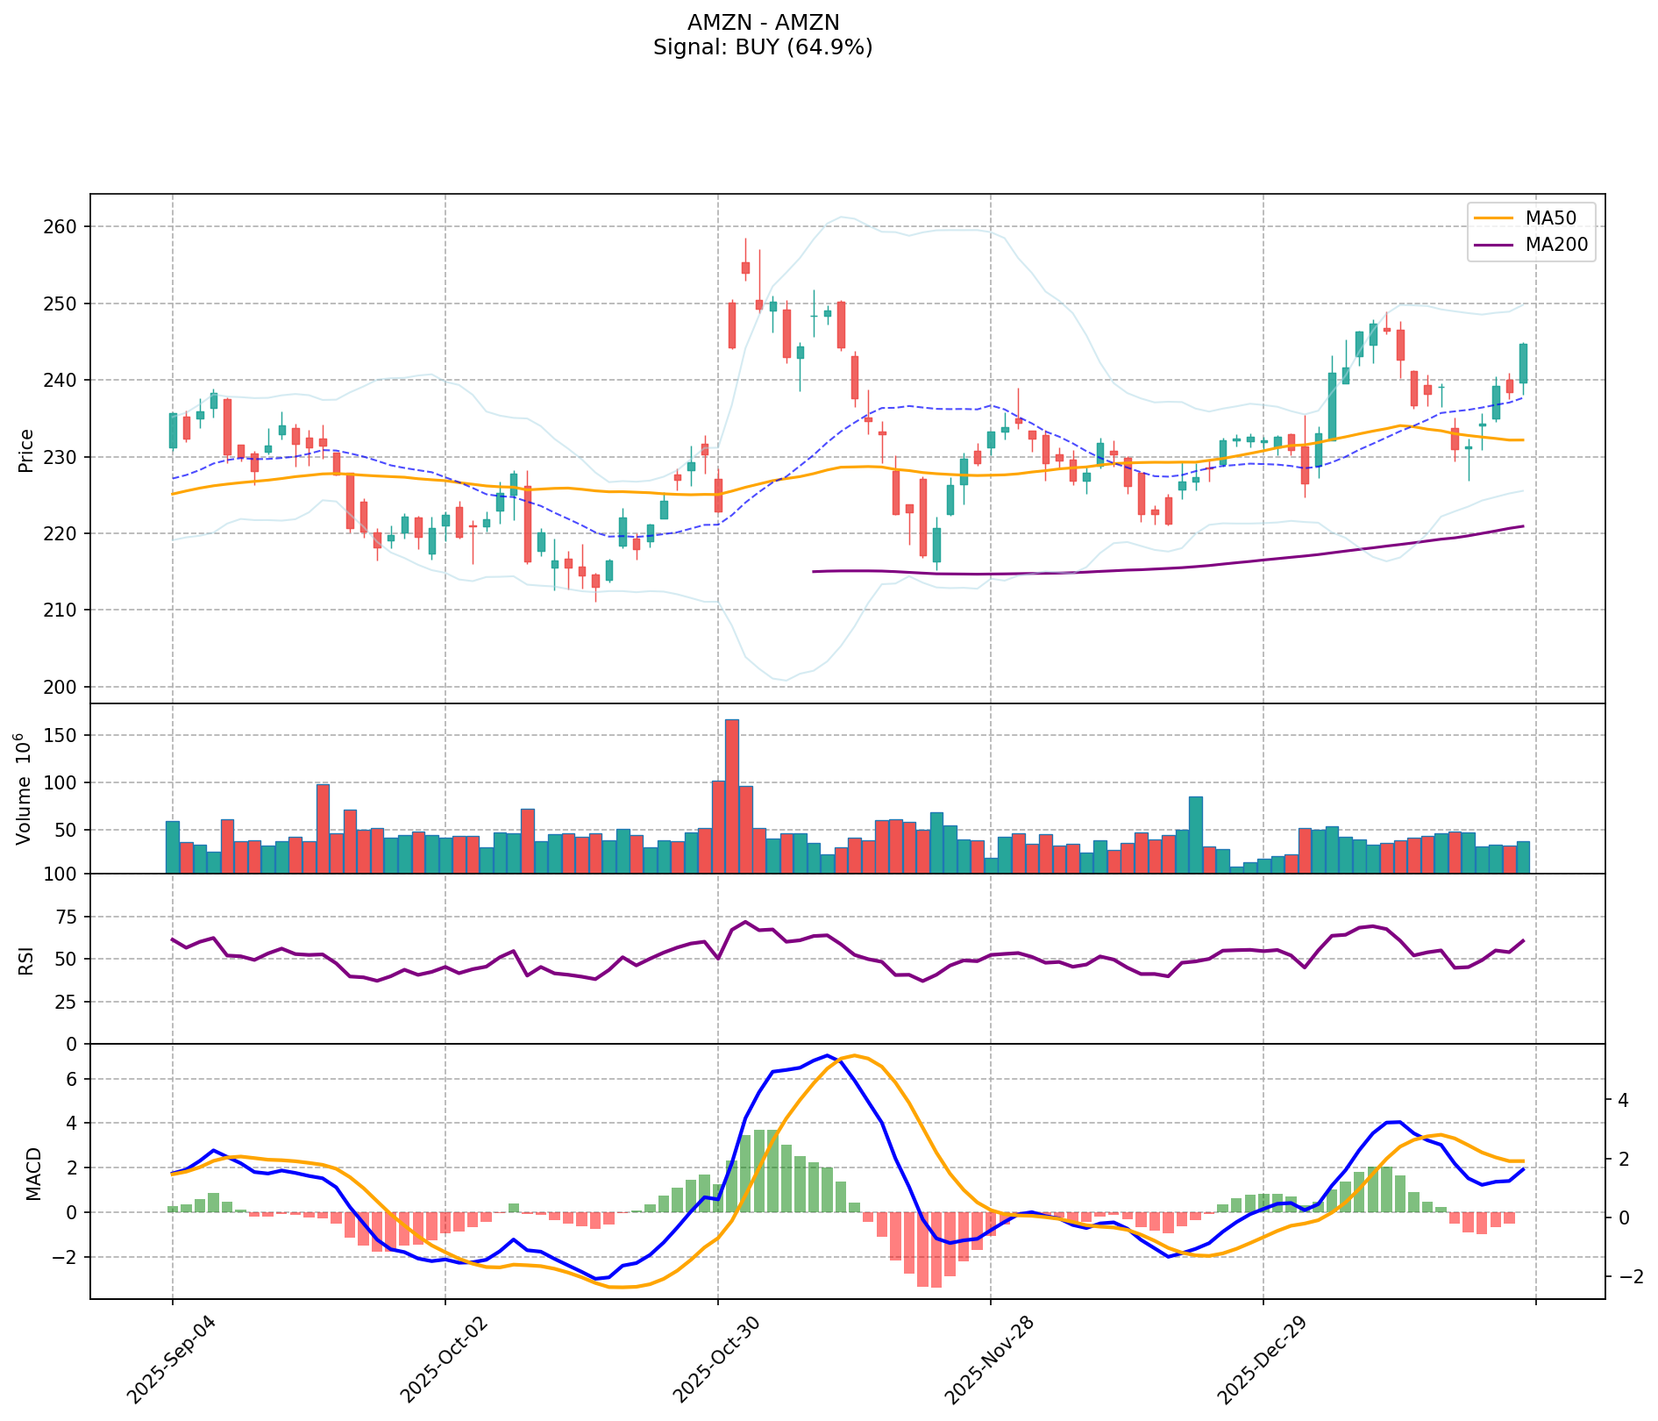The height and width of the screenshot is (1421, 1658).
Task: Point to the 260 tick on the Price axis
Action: (65, 226)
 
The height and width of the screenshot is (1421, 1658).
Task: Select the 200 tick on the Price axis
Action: (65, 687)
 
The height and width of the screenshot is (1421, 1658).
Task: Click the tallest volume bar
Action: (731, 796)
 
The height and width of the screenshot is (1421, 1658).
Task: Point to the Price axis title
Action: (26, 450)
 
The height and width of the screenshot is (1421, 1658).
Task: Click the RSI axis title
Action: (26, 960)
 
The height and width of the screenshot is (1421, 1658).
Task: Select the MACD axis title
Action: (33, 1174)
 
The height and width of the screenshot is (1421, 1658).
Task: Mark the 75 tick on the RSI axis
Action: (68, 918)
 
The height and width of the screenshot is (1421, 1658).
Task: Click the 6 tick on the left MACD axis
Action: (75, 1079)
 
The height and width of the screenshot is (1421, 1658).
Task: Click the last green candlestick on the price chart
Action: (1523, 363)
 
